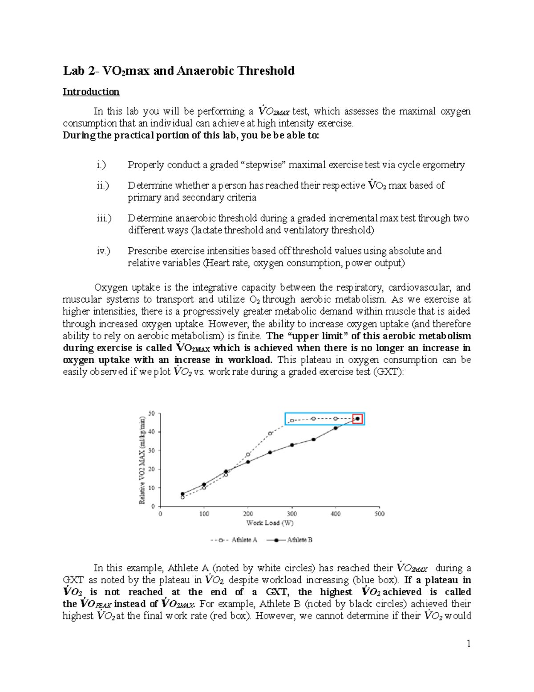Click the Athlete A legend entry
tap(234, 540)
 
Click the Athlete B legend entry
tap(290, 540)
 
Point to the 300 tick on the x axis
tap(291, 514)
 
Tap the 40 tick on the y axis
tap(152, 432)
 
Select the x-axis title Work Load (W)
tap(270, 523)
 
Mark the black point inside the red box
tap(357, 419)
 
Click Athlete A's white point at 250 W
tap(270, 434)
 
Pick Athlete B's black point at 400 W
tap(336, 428)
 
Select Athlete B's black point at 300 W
tap(292, 445)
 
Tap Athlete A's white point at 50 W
tap(182, 497)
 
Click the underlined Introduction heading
tap(91, 92)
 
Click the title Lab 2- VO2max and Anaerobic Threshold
tap(178, 71)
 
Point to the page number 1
tap(468, 643)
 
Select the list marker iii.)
tap(104, 218)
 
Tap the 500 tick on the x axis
tap(379, 514)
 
